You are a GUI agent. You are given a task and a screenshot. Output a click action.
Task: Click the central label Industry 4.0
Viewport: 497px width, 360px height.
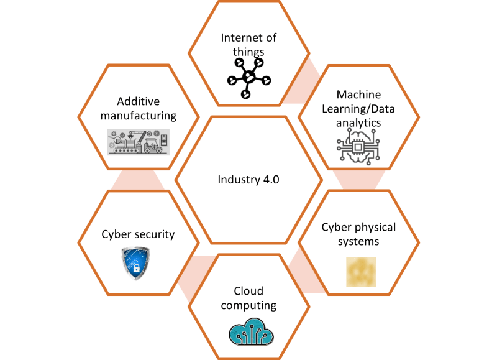click(248, 180)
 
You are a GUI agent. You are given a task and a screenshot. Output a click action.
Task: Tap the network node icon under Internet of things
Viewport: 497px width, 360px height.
click(248, 78)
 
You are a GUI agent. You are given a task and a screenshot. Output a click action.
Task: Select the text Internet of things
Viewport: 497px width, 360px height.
click(248, 45)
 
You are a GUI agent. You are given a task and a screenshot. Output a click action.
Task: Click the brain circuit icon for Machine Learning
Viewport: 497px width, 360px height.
click(358, 150)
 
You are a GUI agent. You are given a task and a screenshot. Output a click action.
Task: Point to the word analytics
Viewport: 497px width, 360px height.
click(358, 122)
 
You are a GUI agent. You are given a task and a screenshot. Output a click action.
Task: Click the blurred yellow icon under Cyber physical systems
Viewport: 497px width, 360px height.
click(361, 271)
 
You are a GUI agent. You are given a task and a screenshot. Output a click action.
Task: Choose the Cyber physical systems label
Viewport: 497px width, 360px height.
click(358, 234)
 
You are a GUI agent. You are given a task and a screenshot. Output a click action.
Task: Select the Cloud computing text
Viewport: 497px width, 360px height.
click(248, 298)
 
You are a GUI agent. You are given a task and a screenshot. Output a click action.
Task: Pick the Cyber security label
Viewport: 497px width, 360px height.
click(138, 234)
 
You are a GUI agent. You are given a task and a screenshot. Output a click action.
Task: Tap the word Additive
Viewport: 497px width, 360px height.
click(139, 101)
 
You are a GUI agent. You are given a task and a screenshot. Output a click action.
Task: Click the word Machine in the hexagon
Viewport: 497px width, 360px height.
click(358, 95)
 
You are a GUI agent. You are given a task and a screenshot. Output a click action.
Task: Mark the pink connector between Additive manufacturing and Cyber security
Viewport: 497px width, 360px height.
click(139, 180)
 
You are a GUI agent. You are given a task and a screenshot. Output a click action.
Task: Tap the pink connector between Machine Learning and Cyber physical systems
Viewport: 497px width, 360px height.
click(358, 180)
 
